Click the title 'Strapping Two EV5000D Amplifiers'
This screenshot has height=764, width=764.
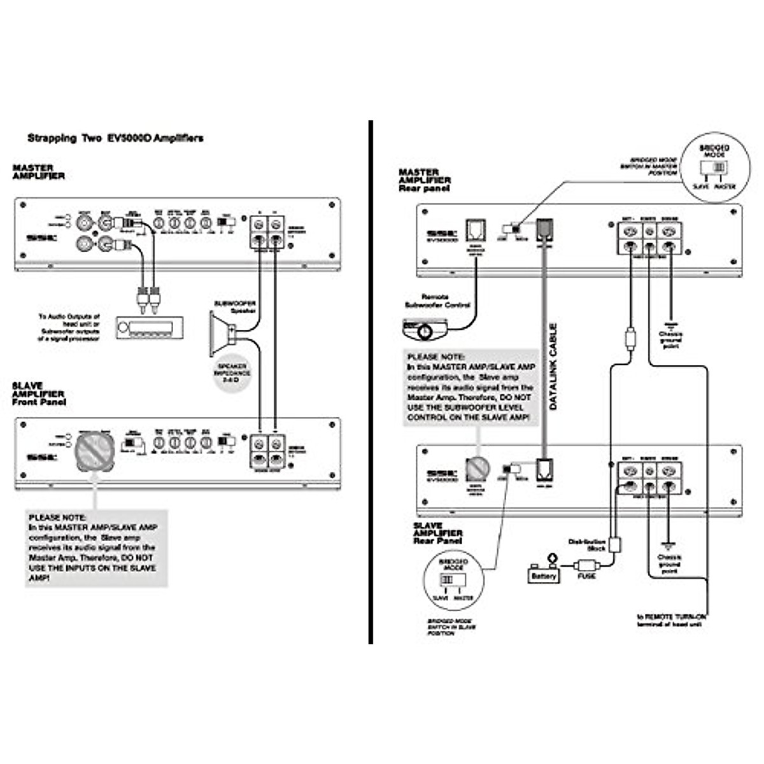[x=115, y=138]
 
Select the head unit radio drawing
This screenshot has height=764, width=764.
[x=150, y=328]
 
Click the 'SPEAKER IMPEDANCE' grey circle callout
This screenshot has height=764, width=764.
[x=233, y=374]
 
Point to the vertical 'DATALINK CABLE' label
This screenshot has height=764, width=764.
[x=553, y=367]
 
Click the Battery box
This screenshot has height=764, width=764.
[x=544, y=574]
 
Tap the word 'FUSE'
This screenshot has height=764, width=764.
[x=586, y=576]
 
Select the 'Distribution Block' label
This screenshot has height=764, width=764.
[x=586, y=545]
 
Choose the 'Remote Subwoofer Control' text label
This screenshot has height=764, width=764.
[x=436, y=301]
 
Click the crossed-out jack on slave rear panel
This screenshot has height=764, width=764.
[x=477, y=469]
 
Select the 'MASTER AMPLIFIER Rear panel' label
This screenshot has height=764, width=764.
[x=425, y=180]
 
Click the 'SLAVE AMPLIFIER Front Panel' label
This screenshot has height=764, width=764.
[x=39, y=394]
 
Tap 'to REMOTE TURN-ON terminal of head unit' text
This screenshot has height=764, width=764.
[x=671, y=620]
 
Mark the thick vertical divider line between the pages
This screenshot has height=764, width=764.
[x=370, y=382]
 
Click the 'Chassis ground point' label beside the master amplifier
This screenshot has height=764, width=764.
[x=670, y=340]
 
